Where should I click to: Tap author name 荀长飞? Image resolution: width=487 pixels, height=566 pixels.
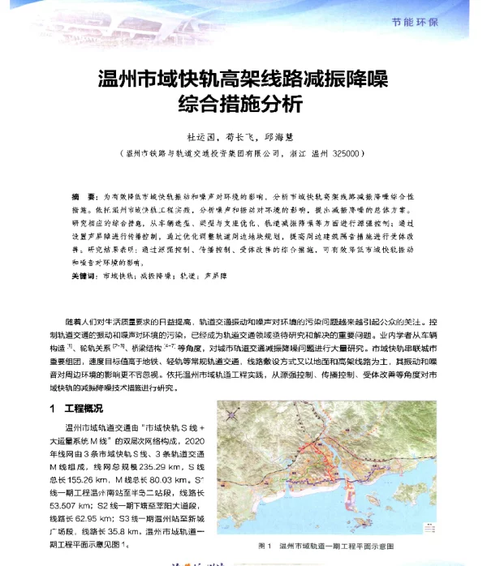click(x=240, y=136)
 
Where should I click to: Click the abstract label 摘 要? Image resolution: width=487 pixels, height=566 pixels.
click(x=83, y=197)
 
